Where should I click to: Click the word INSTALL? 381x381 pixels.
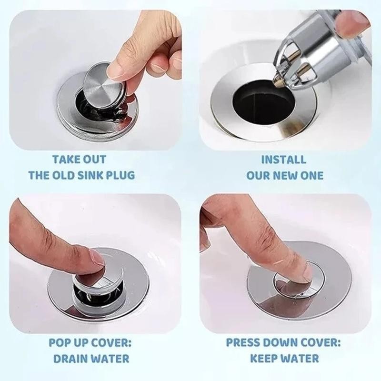283,160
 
